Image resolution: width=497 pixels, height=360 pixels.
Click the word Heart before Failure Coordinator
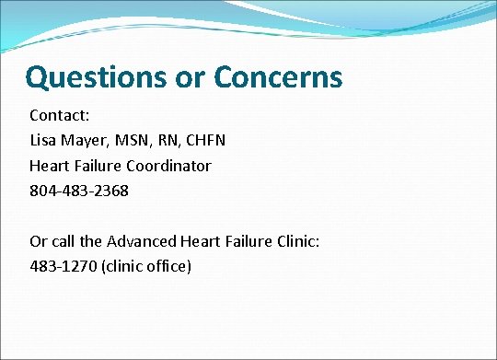coord(50,167)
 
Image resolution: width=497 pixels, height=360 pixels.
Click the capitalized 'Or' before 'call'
coord(39,242)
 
